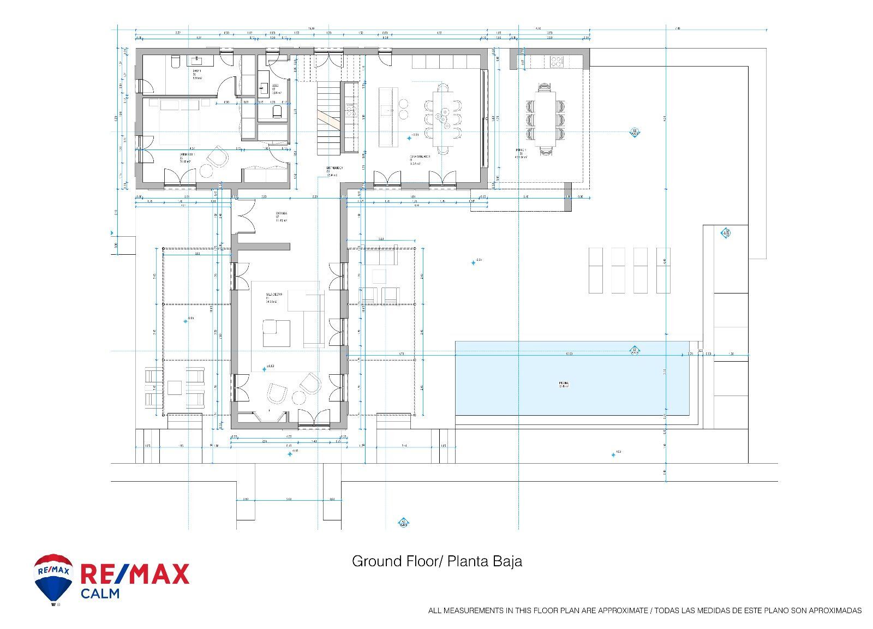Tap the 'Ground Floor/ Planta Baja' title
click(x=436, y=561)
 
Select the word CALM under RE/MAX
click(x=100, y=593)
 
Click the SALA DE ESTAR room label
click(x=273, y=295)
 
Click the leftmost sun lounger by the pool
click(x=595, y=270)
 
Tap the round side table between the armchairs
click(x=299, y=397)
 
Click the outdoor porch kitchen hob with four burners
click(x=556, y=61)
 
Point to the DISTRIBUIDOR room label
click(x=334, y=169)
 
